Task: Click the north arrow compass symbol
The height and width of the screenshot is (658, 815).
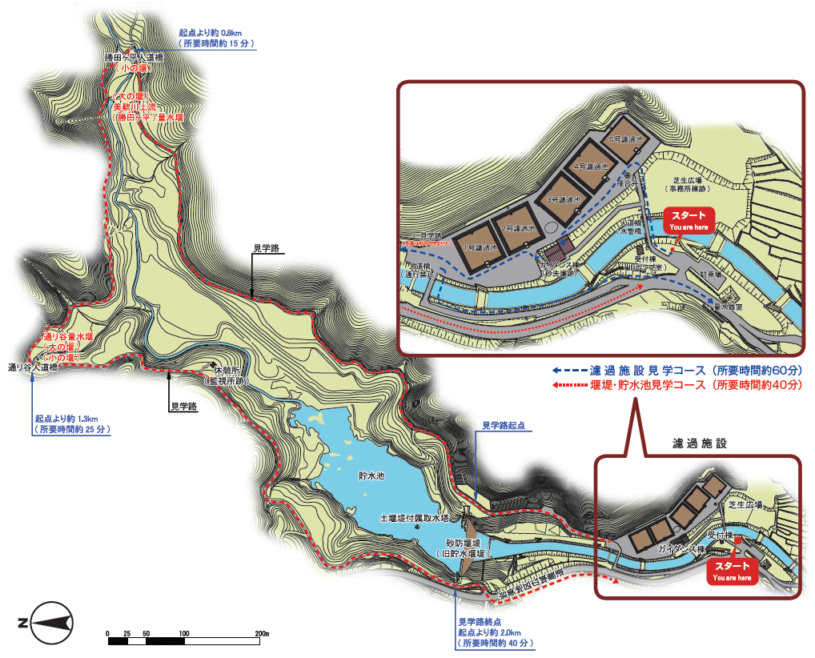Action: coord(51,622)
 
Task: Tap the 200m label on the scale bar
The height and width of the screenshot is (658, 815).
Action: coord(261,634)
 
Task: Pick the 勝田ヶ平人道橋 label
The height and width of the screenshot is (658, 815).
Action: coord(134,58)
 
